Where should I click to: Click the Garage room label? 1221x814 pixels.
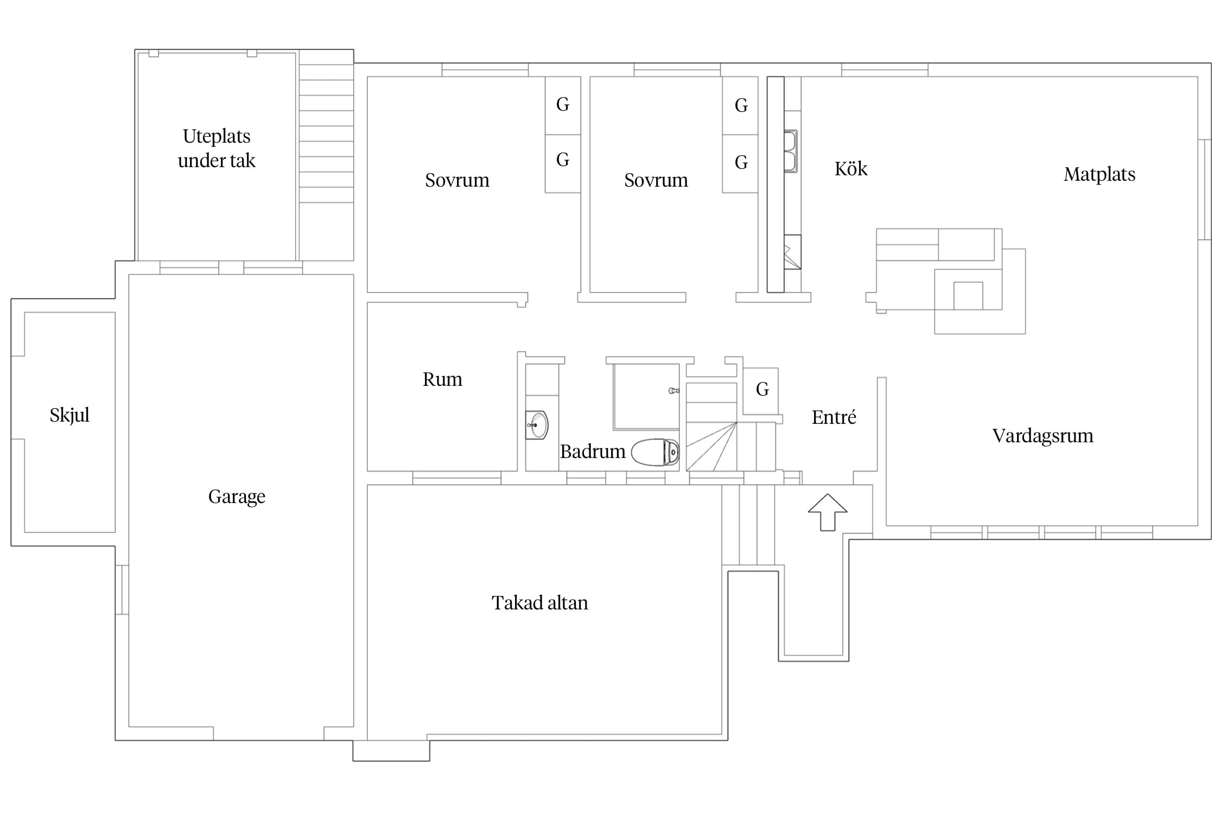click(x=237, y=497)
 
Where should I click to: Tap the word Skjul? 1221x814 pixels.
click(x=69, y=415)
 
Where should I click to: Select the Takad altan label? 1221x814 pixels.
click(x=540, y=603)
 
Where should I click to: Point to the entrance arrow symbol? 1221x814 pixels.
click(x=828, y=512)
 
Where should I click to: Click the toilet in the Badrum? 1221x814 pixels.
click(x=655, y=453)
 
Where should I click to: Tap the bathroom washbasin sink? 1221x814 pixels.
click(x=537, y=425)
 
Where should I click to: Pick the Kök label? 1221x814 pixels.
click(x=851, y=169)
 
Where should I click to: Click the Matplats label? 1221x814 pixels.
click(x=1099, y=174)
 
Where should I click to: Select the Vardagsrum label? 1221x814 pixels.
click(x=1043, y=436)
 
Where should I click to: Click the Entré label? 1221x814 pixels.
click(x=834, y=417)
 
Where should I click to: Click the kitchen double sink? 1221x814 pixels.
click(x=791, y=151)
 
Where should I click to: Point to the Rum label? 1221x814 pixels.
click(x=442, y=379)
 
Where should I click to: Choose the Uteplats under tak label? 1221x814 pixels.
click(x=217, y=148)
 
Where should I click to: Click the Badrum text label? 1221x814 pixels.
click(x=593, y=451)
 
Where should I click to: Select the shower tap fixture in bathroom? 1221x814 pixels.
click(x=674, y=391)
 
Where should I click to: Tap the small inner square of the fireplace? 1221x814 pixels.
click(x=968, y=296)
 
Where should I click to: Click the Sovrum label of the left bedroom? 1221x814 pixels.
click(x=457, y=180)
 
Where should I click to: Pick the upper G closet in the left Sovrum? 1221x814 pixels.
click(x=563, y=105)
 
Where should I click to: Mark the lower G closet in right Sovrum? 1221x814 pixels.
click(x=740, y=163)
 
